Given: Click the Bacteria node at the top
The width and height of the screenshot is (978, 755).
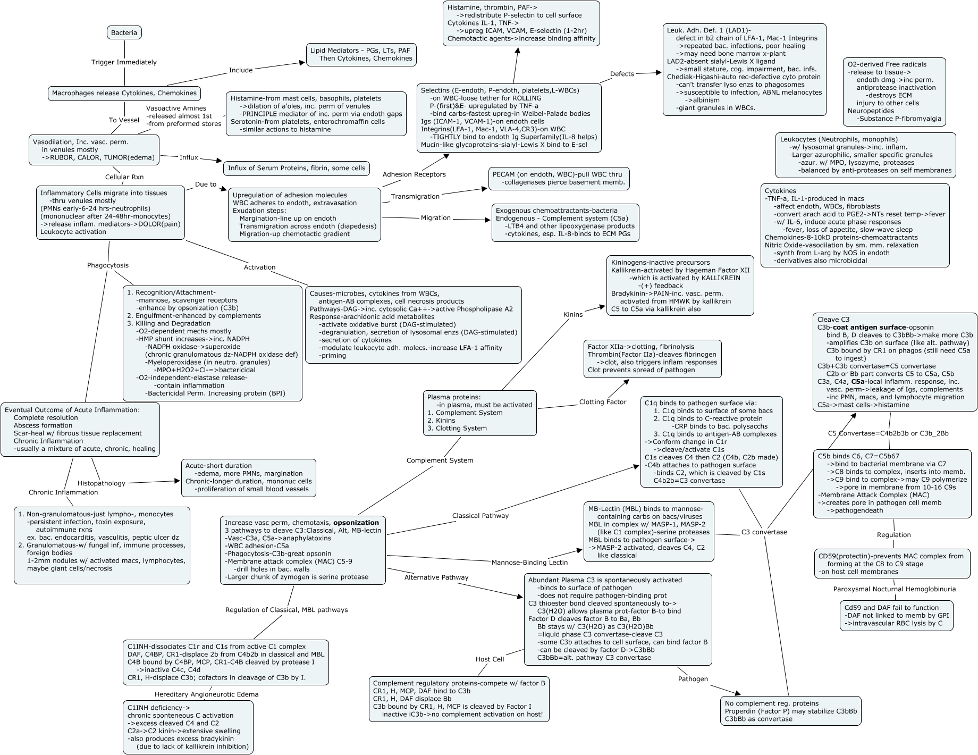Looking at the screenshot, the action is coord(124,33).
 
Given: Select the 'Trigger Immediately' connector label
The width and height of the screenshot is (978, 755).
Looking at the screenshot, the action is coord(124,62).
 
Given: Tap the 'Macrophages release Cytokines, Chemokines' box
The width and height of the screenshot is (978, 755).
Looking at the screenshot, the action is coord(124,94).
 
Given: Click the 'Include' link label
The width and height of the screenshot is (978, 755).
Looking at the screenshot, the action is coord(241,70).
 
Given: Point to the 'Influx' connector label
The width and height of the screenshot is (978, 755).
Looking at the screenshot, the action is coord(189,157).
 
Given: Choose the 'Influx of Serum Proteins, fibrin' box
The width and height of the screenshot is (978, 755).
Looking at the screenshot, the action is coord(297,169).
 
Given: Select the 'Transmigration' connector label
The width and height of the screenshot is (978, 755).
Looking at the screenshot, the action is coord(415,197).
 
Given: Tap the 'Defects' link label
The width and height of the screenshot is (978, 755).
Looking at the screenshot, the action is coord(622,74).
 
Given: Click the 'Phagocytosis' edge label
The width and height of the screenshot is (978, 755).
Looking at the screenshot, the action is coord(108,265).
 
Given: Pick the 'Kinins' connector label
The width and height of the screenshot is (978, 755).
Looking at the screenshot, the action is coord(573,314).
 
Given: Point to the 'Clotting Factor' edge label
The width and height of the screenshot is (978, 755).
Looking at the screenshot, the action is coord(602,402).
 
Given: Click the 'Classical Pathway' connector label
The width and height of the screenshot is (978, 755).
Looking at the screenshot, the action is coord(480,516).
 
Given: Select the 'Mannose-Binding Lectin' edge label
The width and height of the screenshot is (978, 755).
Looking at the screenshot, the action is coord(529,563).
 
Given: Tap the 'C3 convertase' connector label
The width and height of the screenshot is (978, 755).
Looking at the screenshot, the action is coord(764,532).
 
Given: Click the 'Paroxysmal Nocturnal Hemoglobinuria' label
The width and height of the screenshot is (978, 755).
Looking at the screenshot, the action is coord(894,589).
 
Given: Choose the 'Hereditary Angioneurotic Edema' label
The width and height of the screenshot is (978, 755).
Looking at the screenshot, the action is coord(206,694).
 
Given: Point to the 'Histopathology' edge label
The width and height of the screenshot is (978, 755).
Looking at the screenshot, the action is coord(102,483).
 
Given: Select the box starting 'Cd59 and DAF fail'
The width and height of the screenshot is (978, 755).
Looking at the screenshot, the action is coord(896,616).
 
